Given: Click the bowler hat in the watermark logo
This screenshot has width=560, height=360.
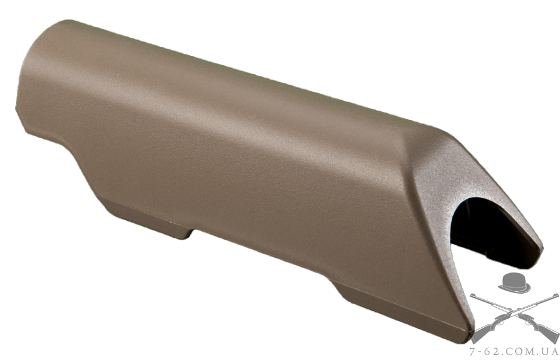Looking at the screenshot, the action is point(514,283).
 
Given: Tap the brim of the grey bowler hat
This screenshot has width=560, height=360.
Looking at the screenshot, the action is point(514,289).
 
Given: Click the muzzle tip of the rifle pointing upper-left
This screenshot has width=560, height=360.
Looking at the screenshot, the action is point(471,295).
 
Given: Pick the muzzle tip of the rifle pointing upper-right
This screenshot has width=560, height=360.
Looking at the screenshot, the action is point(556,295).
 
